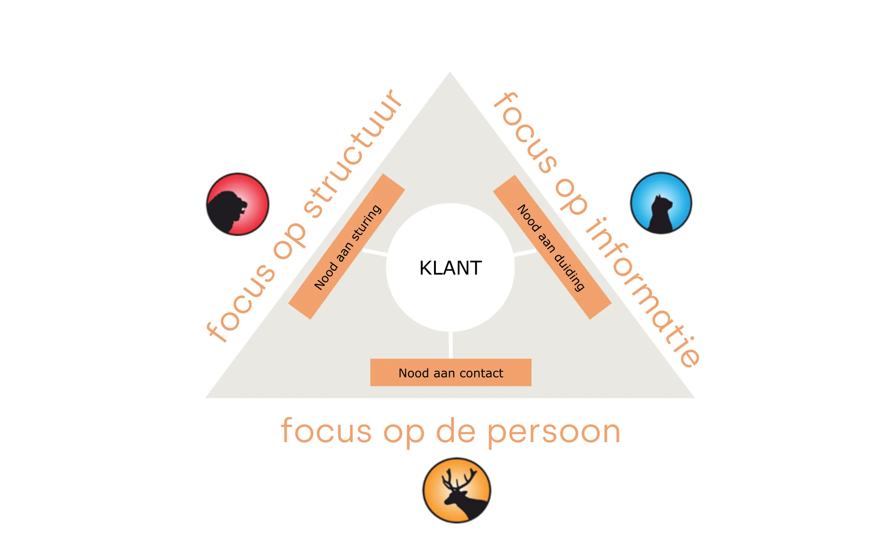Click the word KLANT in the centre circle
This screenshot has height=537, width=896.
coord(450,268)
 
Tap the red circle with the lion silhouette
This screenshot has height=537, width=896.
coord(238,204)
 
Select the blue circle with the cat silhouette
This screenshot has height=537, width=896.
coord(661,203)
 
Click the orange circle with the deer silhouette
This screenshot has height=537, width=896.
coord(457,490)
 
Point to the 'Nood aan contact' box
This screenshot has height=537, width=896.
coord(451,373)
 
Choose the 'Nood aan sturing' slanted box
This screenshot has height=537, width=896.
coord(347,246)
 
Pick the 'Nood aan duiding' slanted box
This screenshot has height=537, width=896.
coord(552,247)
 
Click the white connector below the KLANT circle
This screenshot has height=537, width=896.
coord(451,345)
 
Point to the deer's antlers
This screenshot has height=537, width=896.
coord(457,479)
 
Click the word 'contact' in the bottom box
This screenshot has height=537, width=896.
coord(481,373)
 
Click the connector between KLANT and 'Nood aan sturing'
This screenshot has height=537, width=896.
coord(375,252)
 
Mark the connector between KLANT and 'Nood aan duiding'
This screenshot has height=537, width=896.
coord(525,252)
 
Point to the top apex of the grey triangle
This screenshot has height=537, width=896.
coord(450,74)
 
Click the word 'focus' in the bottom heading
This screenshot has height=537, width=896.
coord(326,431)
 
